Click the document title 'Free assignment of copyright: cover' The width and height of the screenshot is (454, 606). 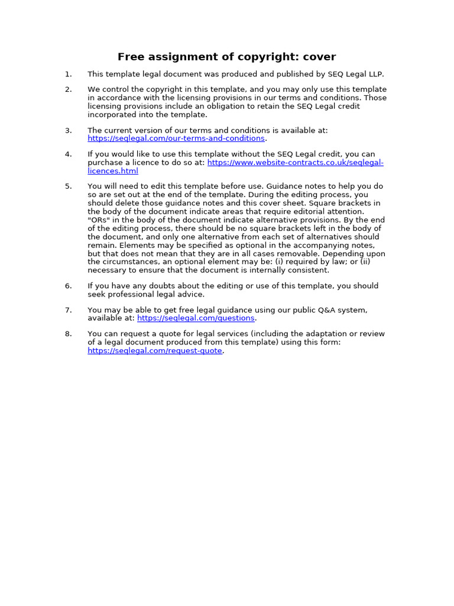tap(226, 57)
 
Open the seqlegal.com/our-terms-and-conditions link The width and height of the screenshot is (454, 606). tap(176, 138)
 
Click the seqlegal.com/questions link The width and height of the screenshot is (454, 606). tap(196, 318)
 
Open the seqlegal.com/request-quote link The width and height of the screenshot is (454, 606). tap(155, 351)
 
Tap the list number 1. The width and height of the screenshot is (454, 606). tap(69, 74)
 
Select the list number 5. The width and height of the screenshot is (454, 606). tap(69, 186)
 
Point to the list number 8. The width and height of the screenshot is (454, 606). tap(69, 334)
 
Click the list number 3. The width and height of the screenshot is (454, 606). tap(69, 130)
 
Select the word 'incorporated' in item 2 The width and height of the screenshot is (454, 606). tap(112, 115)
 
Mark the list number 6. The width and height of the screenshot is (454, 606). tap(69, 286)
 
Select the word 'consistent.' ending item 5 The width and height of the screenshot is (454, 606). tap(307, 270)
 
